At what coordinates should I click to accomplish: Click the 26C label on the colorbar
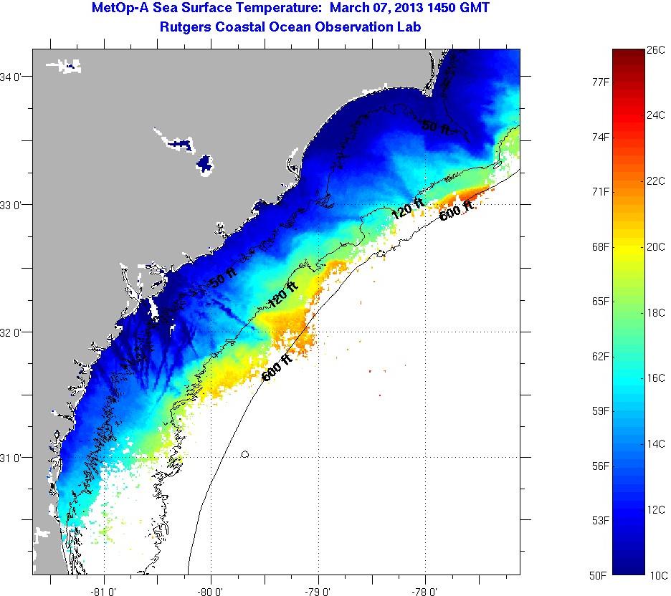point(657,51)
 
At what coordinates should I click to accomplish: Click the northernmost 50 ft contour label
point(437,126)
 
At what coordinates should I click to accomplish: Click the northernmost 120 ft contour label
point(408,208)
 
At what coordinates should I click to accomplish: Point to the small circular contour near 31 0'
point(245,453)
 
